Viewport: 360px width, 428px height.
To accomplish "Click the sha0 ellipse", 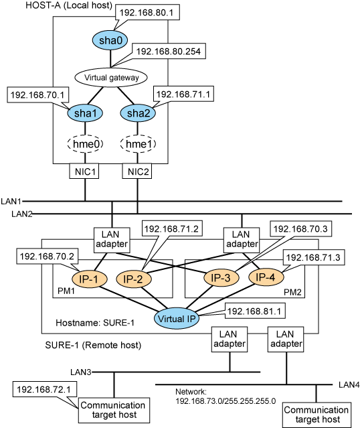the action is coord(110,40).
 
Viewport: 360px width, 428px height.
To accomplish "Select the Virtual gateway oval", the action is coord(111,78).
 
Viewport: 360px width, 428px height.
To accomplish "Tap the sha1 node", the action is coord(85,113).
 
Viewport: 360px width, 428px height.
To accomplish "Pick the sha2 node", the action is coord(138,113).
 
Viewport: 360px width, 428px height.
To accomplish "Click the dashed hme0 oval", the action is coord(85,144).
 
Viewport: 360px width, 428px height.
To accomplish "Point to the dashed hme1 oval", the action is coord(138,144).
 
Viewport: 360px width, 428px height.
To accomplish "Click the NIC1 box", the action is coord(84,171).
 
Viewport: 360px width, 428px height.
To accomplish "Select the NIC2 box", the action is coord(137,171).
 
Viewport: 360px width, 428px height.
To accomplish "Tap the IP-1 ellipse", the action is coord(89,279).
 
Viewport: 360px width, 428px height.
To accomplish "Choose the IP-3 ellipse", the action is coord(221,277).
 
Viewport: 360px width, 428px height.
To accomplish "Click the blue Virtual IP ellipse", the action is coord(177,319).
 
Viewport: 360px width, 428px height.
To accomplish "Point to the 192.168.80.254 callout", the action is coord(169,52).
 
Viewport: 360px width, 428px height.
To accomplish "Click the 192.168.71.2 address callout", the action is coord(172,228).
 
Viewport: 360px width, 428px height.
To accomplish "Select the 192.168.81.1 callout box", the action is coord(255,311).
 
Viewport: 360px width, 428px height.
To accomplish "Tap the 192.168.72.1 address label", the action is coord(45,390).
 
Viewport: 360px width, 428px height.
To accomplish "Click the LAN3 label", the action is coord(81,372).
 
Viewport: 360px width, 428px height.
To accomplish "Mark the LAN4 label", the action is coord(349,385).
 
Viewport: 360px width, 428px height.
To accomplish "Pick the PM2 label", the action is coord(292,292).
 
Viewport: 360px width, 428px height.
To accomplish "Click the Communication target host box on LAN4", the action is coord(317,415).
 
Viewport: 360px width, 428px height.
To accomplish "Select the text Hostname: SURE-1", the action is coord(95,323).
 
